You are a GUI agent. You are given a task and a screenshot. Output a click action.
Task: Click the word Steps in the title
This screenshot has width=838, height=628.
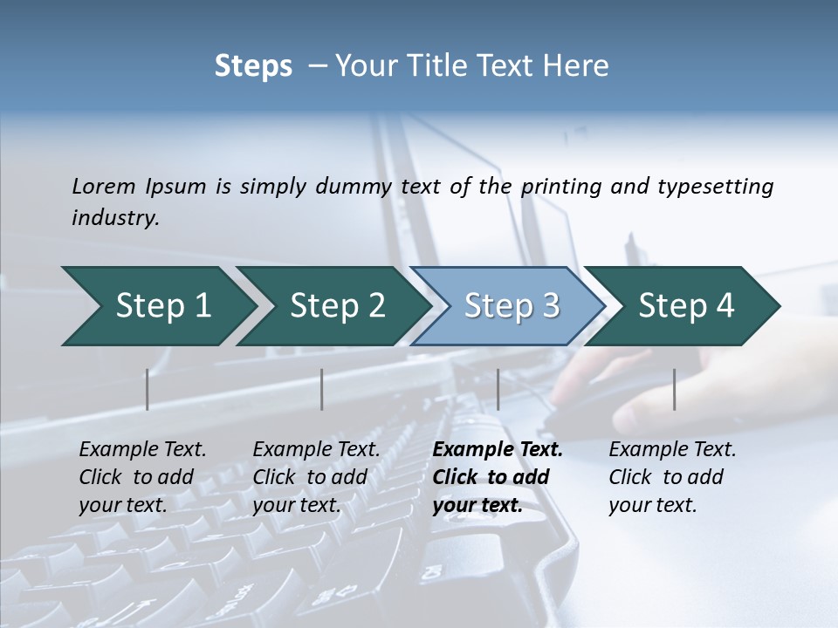click(x=253, y=66)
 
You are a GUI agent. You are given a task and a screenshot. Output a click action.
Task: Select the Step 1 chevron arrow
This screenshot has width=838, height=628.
click(x=157, y=306)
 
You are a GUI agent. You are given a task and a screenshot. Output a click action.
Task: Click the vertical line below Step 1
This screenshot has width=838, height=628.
click(x=148, y=389)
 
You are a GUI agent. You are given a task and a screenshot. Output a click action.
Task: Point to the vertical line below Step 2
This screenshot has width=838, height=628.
click(x=322, y=389)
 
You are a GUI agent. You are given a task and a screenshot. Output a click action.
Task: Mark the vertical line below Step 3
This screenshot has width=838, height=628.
click(x=498, y=389)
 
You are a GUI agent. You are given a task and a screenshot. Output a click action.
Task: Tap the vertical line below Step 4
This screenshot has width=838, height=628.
click(x=674, y=389)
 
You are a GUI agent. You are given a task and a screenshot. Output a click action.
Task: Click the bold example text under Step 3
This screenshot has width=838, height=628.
click(x=496, y=477)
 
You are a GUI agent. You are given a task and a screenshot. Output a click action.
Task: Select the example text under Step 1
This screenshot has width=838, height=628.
click(x=141, y=477)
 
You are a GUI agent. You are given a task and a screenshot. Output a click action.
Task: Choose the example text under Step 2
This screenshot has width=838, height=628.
click(x=315, y=477)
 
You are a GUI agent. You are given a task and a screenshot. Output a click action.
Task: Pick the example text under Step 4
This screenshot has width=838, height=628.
click(x=671, y=477)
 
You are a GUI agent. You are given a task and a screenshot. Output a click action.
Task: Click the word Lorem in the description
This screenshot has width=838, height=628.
click(x=104, y=187)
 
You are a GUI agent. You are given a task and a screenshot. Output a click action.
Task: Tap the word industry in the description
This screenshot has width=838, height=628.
click(x=115, y=218)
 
